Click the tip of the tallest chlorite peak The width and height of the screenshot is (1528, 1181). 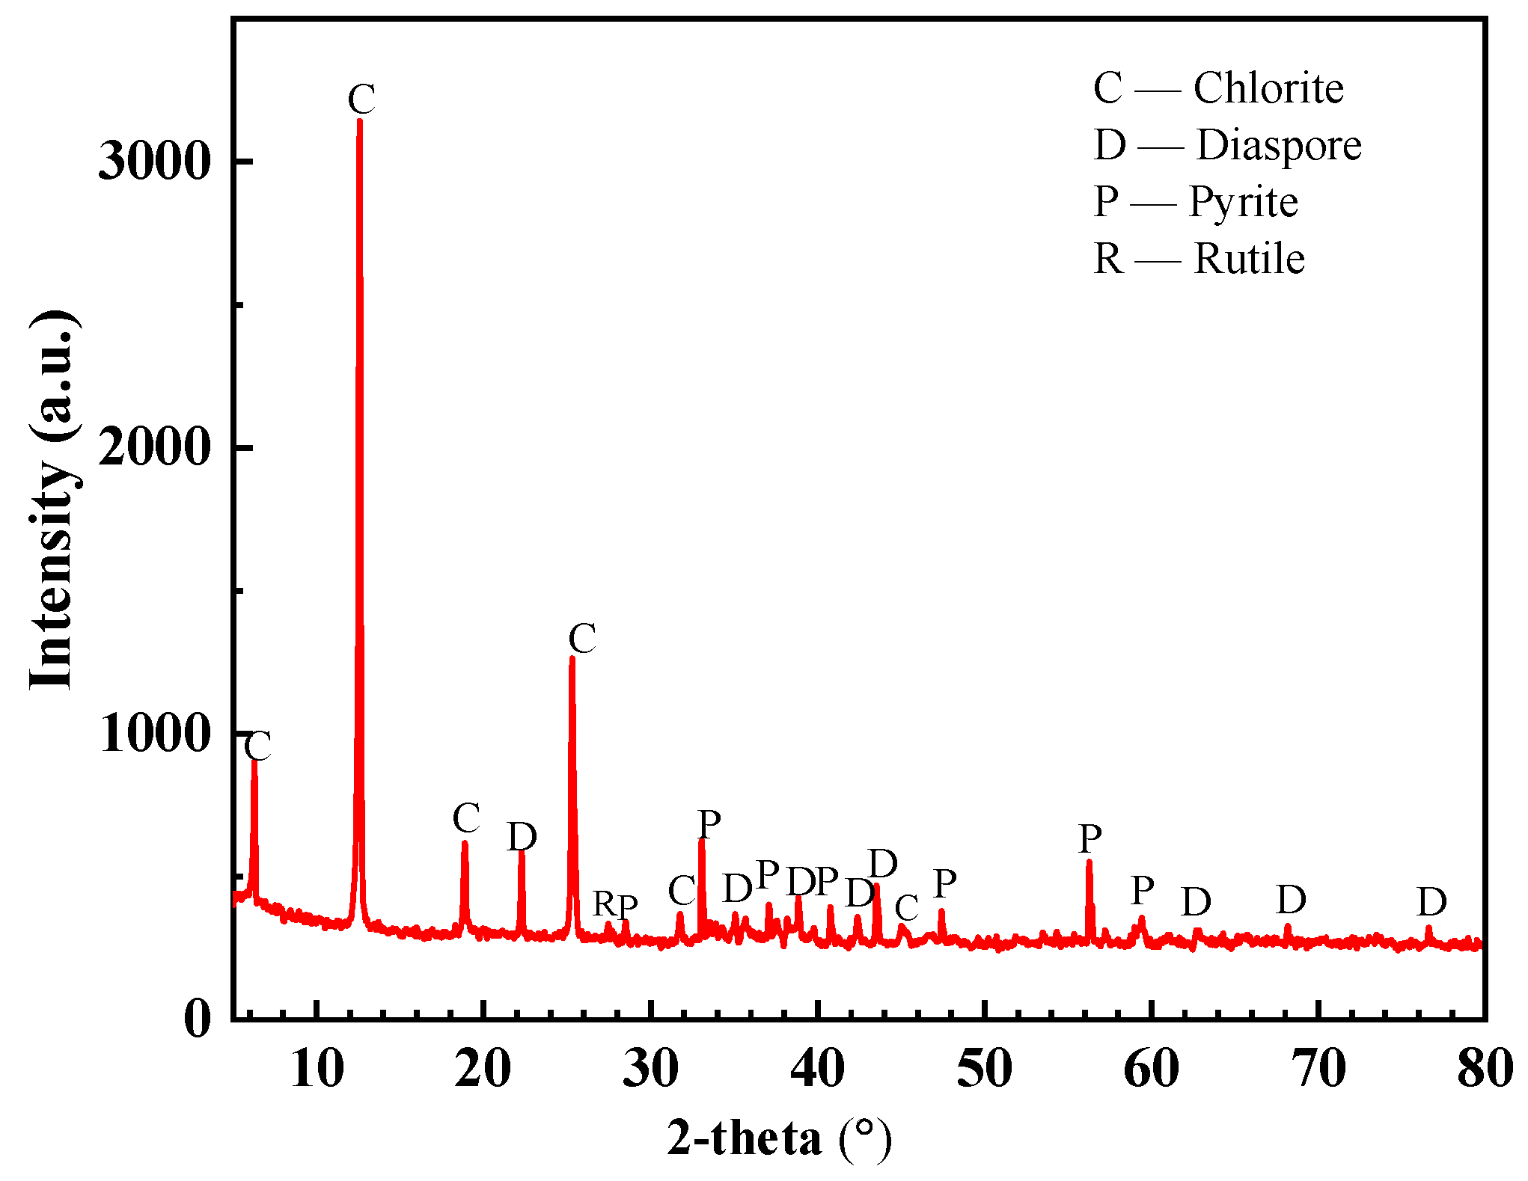(360, 121)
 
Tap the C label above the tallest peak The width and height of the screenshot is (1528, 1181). (361, 98)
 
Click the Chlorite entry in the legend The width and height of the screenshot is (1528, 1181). (1218, 88)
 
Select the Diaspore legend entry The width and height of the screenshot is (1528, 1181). (1227, 145)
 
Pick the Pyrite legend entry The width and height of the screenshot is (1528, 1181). (1195, 202)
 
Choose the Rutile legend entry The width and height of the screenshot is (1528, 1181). (1199, 259)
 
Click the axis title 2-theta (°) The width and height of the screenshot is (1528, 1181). (780, 1139)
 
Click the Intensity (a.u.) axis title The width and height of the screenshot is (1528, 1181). (52, 499)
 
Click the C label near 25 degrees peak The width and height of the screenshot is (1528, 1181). (582, 639)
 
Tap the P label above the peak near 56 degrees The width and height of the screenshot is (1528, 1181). (1090, 838)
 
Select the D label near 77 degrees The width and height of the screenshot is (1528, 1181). (1431, 902)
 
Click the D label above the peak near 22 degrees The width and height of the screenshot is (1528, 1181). (522, 836)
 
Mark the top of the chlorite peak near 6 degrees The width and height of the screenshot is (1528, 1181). (254, 760)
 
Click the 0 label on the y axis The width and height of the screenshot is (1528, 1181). (198, 1019)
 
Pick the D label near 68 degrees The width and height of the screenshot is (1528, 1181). (1291, 900)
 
